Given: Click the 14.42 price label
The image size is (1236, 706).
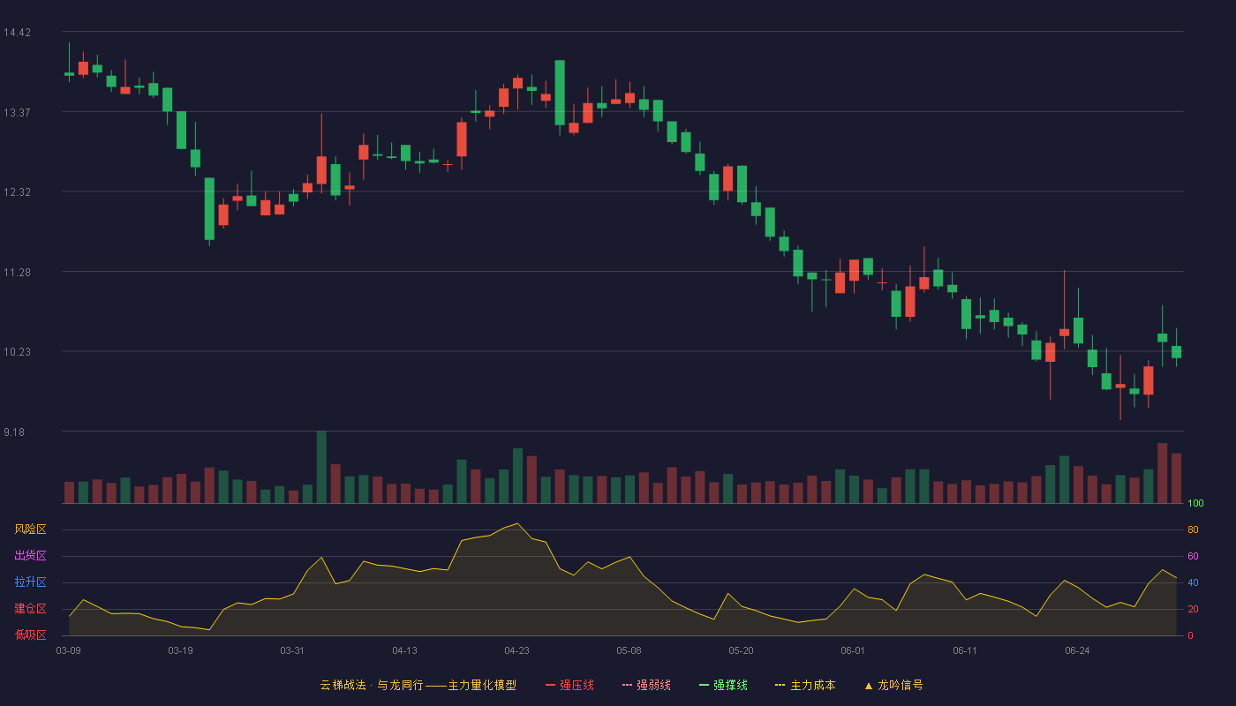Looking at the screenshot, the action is click(17, 33).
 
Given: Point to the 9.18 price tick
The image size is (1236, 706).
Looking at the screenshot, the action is click(14, 432).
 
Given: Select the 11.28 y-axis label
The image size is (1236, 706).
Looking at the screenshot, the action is click(17, 273).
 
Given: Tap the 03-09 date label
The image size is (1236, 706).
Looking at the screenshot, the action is click(69, 651).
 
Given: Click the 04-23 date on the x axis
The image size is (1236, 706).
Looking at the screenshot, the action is click(516, 651).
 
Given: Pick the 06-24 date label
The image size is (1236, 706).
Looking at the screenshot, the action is click(1077, 651).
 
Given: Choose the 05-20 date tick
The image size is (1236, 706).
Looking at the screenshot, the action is click(741, 651).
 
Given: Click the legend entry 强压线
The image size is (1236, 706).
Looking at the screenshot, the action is click(569, 685).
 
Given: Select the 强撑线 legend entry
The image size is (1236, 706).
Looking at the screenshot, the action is click(723, 685).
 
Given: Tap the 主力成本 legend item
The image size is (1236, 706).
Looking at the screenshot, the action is click(805, 685).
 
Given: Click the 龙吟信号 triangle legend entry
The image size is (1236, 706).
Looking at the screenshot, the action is click(893, 685).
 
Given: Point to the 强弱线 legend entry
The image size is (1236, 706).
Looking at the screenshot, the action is click(646, 685).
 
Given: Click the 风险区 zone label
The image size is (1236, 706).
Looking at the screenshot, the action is click(30, 529).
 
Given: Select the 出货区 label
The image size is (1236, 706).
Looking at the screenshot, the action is click(30, 555).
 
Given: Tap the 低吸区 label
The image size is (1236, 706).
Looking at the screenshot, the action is click(30, 635).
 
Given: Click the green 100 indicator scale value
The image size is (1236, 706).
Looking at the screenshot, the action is click(1195, 503).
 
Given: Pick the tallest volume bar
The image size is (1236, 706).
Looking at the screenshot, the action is click(321, 467).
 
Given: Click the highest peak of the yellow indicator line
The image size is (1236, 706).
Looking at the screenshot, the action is click(517, 523).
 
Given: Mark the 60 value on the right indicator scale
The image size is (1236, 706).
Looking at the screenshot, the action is click(1193, 556).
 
